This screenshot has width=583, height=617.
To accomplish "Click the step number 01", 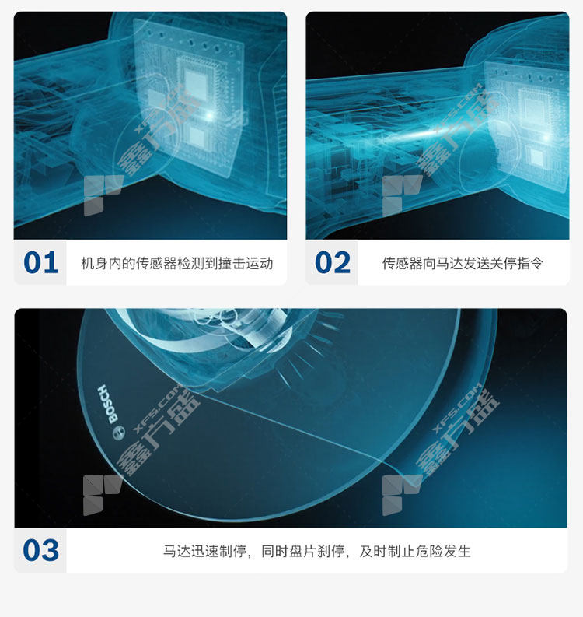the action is [x=40, y=263].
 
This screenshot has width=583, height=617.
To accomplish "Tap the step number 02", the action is [x=332, y=263].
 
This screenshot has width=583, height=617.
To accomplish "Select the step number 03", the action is [x=41, y=550].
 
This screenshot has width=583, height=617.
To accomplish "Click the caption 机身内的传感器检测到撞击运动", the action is [x=177, y=263].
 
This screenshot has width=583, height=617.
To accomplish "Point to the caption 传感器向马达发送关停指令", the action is [x=463, y=263].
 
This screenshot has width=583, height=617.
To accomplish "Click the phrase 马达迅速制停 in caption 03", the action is [x=204, y=551].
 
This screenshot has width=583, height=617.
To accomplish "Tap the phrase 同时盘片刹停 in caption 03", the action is [x=302, y=551].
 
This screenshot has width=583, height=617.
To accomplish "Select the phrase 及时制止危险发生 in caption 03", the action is [x=415, y=551].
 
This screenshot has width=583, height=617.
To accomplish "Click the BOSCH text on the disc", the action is [x=108, y=404].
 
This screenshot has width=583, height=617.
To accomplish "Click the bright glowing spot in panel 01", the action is [x=210, y=116].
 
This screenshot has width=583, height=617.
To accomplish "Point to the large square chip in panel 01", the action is [x=195, y=83].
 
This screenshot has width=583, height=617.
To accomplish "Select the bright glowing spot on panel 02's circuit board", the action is [x=546, y=138].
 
